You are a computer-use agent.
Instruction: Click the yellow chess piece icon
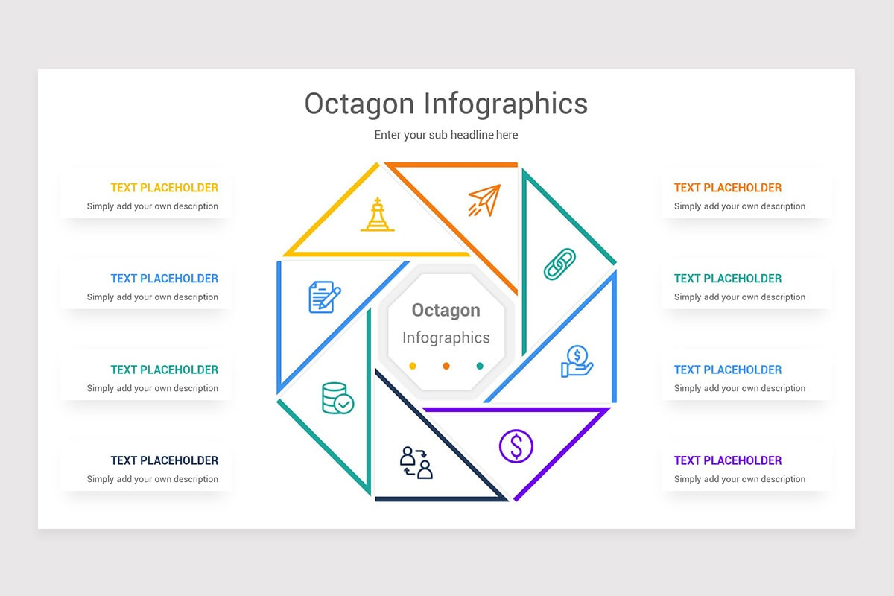(378, 215)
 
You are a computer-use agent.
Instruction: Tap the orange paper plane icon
(484, 200)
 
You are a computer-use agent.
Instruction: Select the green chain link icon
(559, 264)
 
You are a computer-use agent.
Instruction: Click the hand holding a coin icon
(577, 361)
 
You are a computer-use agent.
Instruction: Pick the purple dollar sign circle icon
(516, 446)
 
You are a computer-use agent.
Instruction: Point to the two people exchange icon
(416, 462)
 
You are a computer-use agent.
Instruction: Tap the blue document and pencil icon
(324, 297)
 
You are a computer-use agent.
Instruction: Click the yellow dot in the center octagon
(413, 366)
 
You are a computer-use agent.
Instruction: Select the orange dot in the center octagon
(446, 366)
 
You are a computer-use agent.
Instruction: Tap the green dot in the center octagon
(480, 366)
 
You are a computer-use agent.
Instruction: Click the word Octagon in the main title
(359, 104)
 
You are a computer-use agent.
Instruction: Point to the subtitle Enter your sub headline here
(446, 135)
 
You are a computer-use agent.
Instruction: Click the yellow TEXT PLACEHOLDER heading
(165, 188)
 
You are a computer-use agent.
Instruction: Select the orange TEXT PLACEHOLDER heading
(728, 188)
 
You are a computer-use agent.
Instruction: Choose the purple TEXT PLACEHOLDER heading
(728, 460)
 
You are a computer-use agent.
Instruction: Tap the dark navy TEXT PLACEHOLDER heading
(165, 460)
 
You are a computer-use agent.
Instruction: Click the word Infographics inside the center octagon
(446, 337)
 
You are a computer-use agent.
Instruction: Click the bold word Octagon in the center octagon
(446, 310)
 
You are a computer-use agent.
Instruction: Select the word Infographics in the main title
(506, 104)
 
